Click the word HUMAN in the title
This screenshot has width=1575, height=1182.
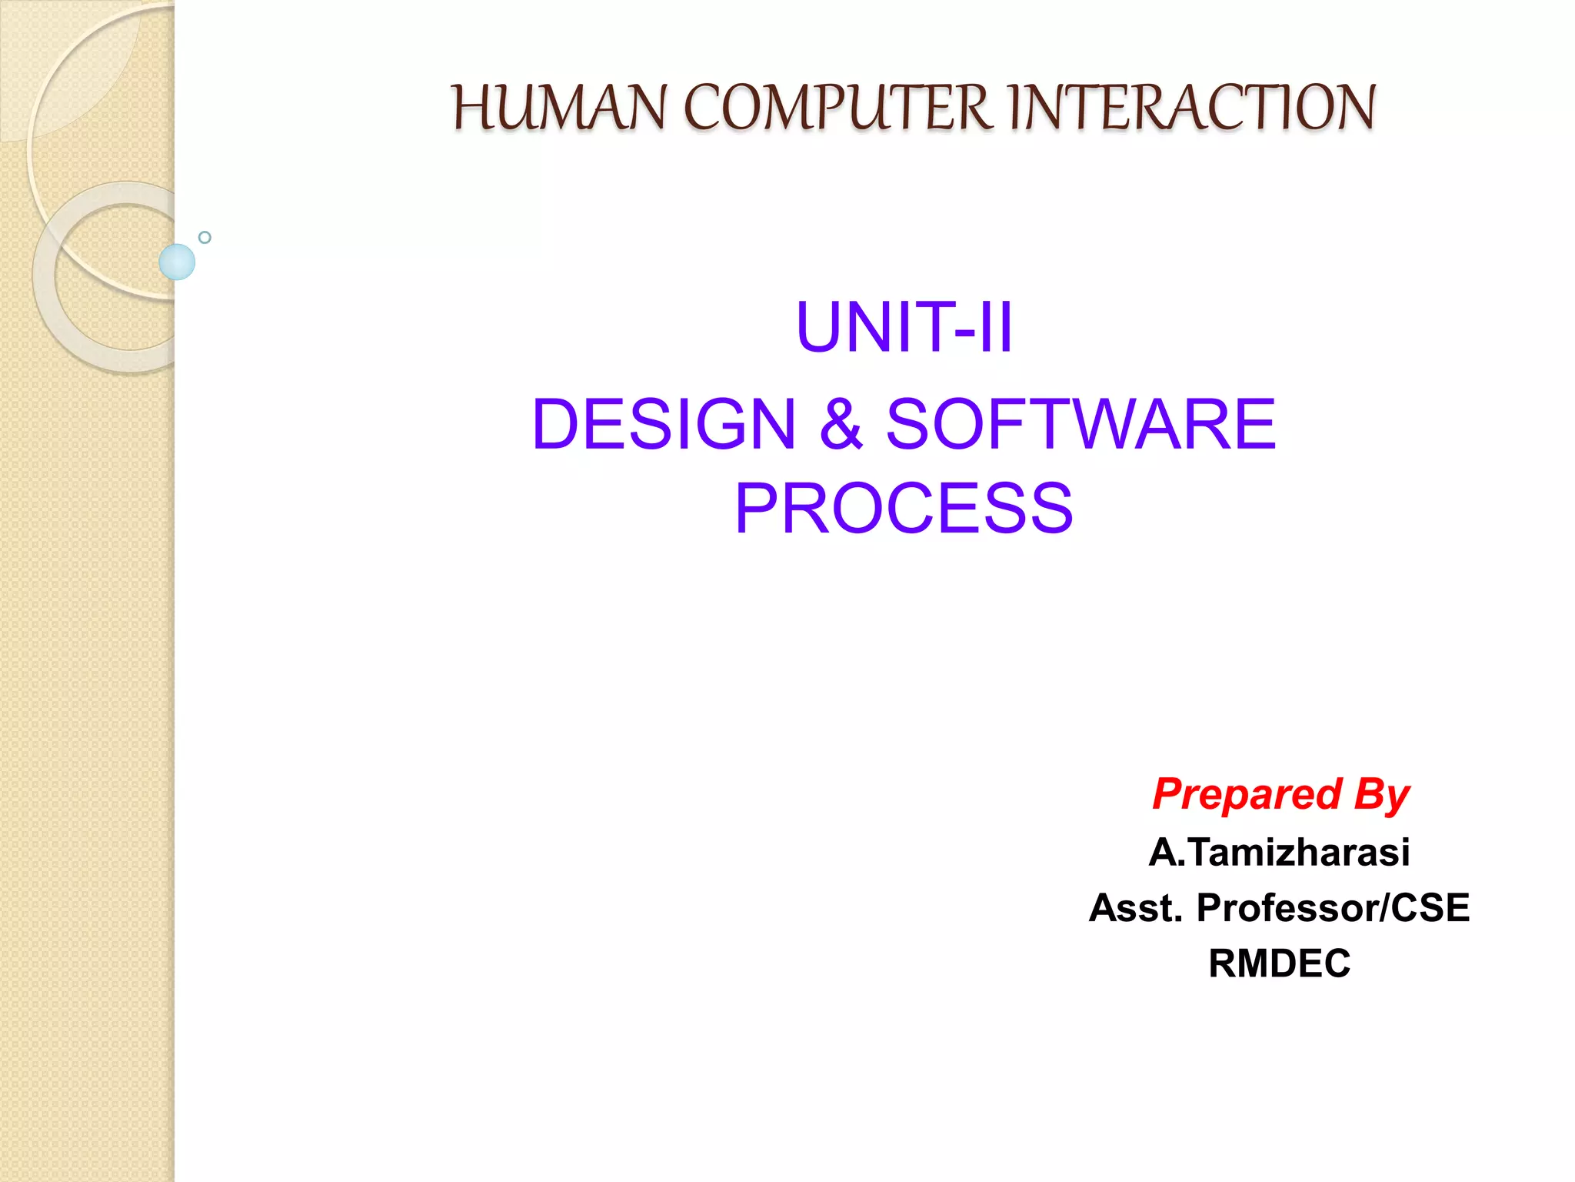pyautogui.click(x=558, y=108)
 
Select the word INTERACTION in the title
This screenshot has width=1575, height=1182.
pyautogui.click(x=1191, y=108)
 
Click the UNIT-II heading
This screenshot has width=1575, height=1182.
pyautogui.click(x=904, y=328)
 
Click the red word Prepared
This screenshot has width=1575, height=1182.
pyautogui.click(x=1247, y=794)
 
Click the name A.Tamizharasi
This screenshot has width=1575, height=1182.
pyautogui.click(x=1280, y=853)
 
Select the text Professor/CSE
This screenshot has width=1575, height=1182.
pyautogui.click(x=1333, y=908)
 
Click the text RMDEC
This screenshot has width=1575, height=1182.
pyautogui.click(x=1280, y=963)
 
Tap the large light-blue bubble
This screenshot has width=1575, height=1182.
pyautogui.click(x=177, y=262)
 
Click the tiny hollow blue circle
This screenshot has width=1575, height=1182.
pyautogui.click(x=205, y=237)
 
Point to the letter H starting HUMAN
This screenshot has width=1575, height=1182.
pyautogui.click(x=471, y=108)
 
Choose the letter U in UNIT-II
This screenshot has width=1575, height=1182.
pyautogui.click(x=821, y=328)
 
